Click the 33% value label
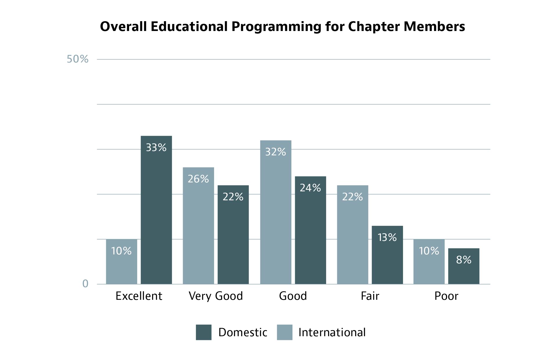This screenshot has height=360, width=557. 156,148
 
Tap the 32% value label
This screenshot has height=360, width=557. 276,152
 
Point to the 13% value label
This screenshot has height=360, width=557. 387,237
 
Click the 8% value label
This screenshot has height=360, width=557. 464,260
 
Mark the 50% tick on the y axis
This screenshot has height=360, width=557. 77,59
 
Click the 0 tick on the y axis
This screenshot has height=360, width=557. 85,283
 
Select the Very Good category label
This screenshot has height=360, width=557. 216,296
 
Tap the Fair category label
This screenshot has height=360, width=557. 370,296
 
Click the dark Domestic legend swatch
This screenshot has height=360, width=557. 203,332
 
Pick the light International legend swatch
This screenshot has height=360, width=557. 285,332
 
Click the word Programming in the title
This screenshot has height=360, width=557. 276,27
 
